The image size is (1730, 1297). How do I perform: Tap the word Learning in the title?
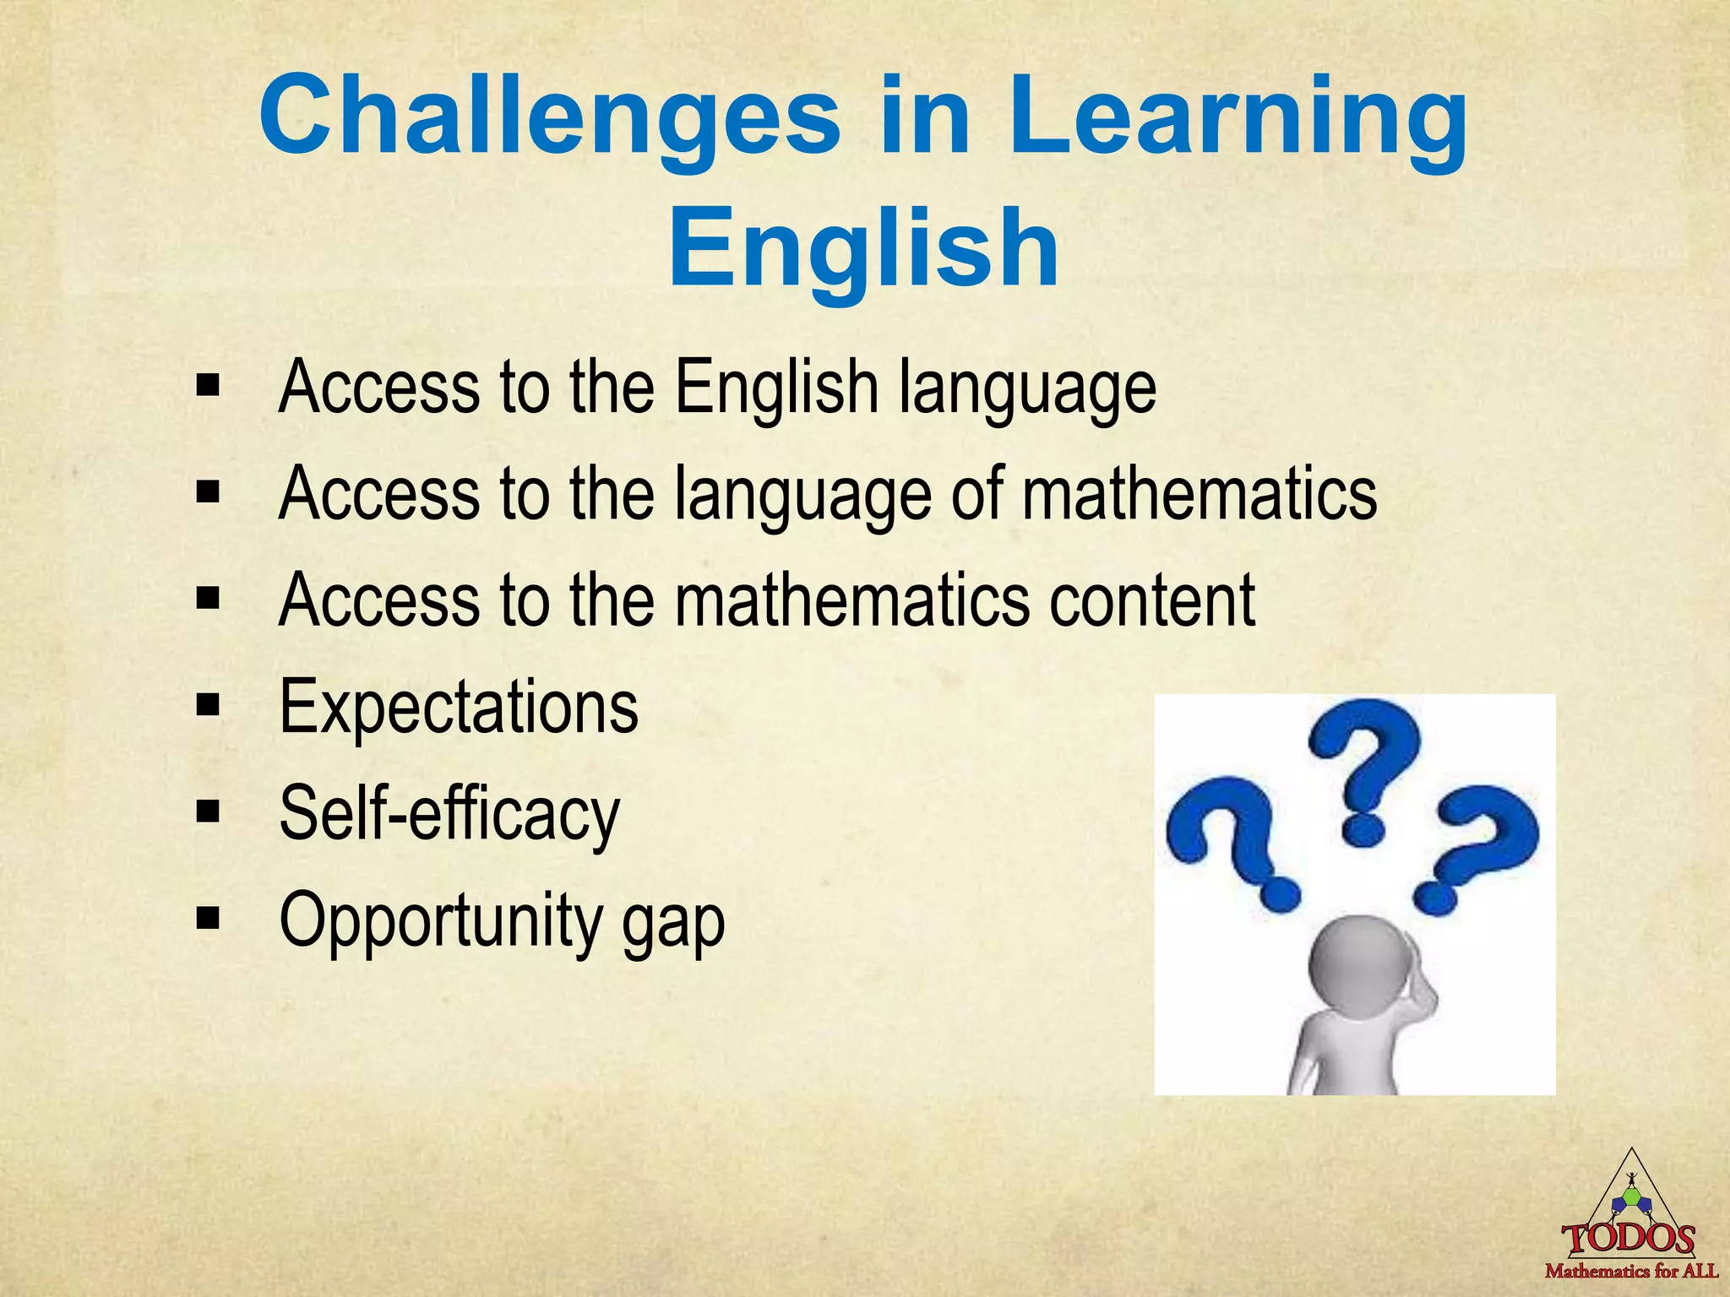pos(1238,118)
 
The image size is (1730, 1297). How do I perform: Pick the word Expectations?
pos(459,707)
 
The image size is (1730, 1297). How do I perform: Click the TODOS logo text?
pos(1629,1240)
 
